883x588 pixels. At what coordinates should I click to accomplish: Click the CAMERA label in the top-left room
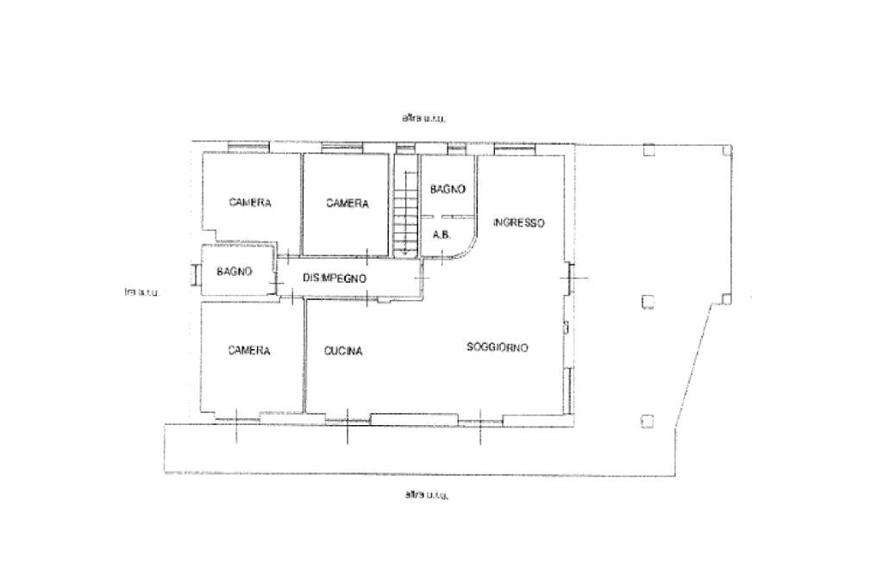250,203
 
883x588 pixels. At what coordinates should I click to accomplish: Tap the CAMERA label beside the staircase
348,204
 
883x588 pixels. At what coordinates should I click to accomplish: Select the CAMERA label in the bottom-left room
249,351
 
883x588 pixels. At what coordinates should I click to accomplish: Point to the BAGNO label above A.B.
448,189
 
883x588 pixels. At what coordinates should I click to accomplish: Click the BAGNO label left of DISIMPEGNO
235,272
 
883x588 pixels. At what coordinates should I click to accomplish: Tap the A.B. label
441,235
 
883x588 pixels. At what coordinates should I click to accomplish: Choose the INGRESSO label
519,222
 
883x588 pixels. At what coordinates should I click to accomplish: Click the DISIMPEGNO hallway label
335,278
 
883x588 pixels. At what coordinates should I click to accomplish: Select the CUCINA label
343,351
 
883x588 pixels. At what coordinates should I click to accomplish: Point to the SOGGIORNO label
497,347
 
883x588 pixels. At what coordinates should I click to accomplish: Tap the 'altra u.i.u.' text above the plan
423,118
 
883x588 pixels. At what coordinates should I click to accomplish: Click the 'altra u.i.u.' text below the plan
426,495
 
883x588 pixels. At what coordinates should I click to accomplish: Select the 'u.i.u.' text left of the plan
142,292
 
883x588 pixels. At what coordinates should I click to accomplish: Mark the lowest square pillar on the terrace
648,421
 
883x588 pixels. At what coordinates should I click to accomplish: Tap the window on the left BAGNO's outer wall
196,272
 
